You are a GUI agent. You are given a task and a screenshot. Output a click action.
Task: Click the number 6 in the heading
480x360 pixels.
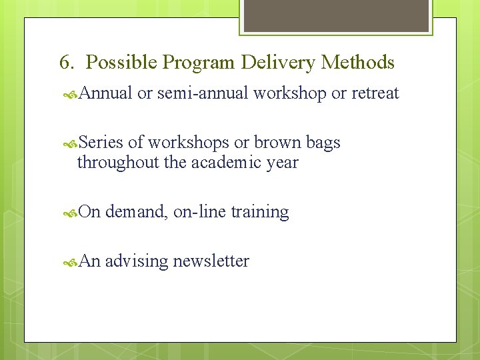click(x=65, y=63)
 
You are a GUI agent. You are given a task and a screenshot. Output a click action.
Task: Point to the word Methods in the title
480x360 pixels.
click(x=358, y=63)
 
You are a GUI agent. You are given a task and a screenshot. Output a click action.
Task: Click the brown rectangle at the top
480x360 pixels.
click(x=336, y=15)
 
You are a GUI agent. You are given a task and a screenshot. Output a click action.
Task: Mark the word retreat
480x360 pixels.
click(x=375, y=93)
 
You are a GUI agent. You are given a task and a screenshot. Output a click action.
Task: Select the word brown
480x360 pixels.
click(x=277, y=143)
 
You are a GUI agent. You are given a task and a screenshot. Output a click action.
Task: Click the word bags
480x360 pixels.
click(x=323, y=143)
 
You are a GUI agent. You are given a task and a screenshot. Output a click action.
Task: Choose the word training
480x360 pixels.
click(x=259, y=213)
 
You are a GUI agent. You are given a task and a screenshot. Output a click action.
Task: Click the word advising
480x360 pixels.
click(x=137, y=261)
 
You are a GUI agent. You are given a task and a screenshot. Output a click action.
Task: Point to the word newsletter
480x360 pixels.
click(x=211, y=261)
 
